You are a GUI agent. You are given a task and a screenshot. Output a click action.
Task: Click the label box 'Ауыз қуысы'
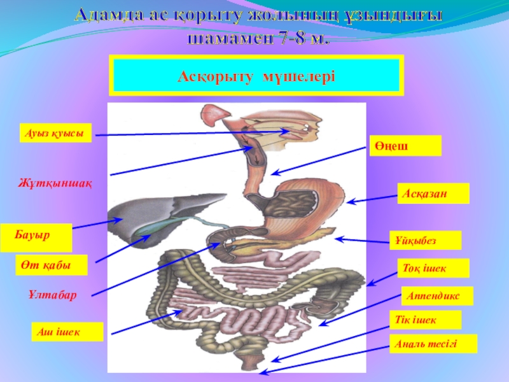click(55, 132)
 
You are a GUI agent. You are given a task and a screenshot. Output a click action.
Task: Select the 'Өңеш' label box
click(405, 146)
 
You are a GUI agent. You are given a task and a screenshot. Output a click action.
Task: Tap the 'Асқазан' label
click(433, 194)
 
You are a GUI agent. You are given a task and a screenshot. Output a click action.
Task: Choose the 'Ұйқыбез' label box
click(425, 241)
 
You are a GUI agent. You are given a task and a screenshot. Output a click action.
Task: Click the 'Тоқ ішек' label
click(433, 268)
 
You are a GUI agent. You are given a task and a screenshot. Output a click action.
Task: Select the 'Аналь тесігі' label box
click(433, 344)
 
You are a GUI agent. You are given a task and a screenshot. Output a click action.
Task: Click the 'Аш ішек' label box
click(67, 332)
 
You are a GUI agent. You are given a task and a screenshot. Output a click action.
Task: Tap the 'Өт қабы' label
click(50, 265)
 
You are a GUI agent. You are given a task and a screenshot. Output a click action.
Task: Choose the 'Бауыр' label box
click(36, 237)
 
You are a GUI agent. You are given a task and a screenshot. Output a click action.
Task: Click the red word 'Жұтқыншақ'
click(54, 184)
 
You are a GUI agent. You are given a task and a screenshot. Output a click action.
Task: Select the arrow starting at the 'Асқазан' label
click(372, 200)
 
